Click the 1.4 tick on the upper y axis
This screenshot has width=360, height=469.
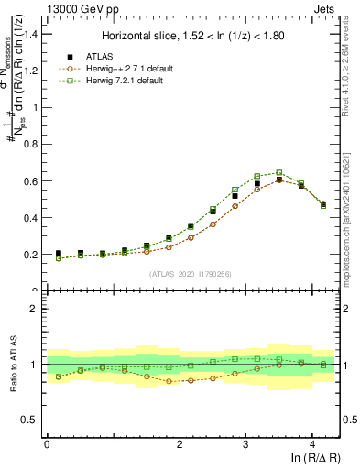34,34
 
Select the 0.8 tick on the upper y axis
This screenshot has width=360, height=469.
34,144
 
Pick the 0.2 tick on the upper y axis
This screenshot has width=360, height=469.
34,255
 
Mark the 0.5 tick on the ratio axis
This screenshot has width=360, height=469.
34,420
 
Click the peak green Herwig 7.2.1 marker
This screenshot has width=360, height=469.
279,172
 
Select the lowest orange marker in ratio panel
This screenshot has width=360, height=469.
169,381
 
